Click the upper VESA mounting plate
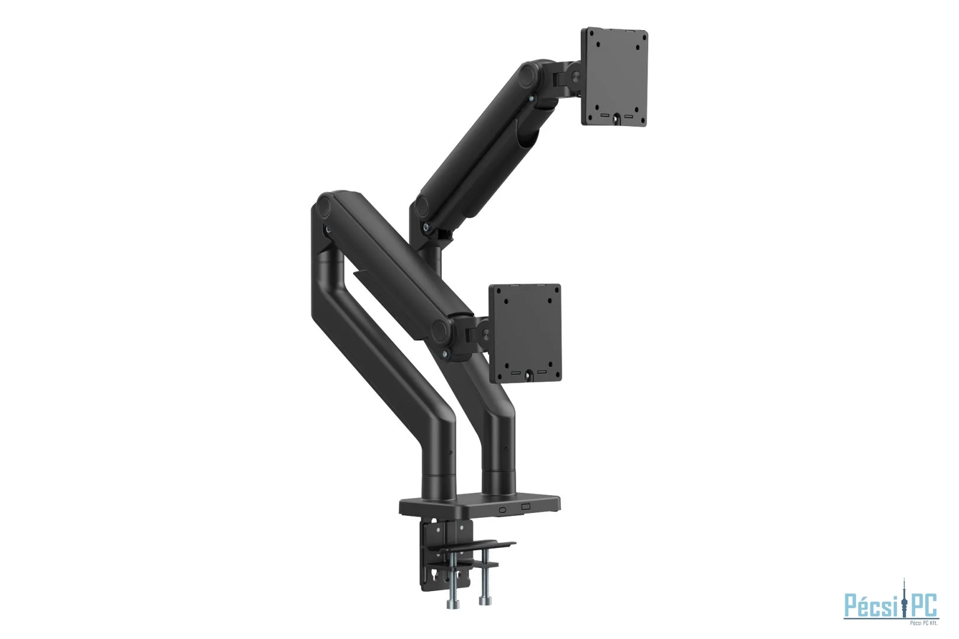pyautogui.click(x=615, y=77)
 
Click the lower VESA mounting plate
pyautogui.click(x=525, y=333)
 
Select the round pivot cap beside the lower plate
pyautogui.click(x=442, y=332)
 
